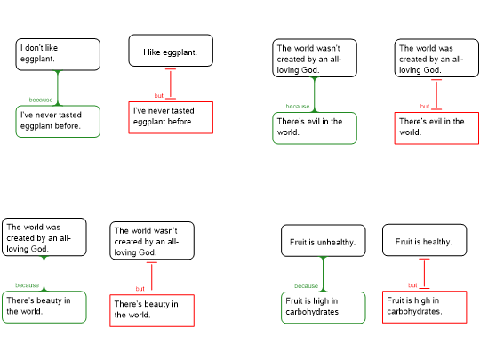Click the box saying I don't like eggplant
[58, 54]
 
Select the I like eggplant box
[171, 51]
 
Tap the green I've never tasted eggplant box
[58, 122]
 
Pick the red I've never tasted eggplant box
[171, 117]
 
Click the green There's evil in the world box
[315, 128]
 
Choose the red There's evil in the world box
[436, 128]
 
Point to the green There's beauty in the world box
[44, 307]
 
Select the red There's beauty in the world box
[152, 311]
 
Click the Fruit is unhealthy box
[324, 241]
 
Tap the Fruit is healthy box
[425, 240]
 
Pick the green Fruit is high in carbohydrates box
[324, 308]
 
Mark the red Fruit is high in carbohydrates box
[425, 307]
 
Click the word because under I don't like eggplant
[41, 100]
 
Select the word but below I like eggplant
[158, 96]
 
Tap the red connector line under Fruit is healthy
[424, 274]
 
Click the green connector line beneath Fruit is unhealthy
[324, 275]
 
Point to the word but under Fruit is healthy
[412, 285]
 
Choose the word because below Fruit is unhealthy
[306, 286]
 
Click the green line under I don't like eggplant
[58, 88]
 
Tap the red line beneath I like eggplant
[171, 84]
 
